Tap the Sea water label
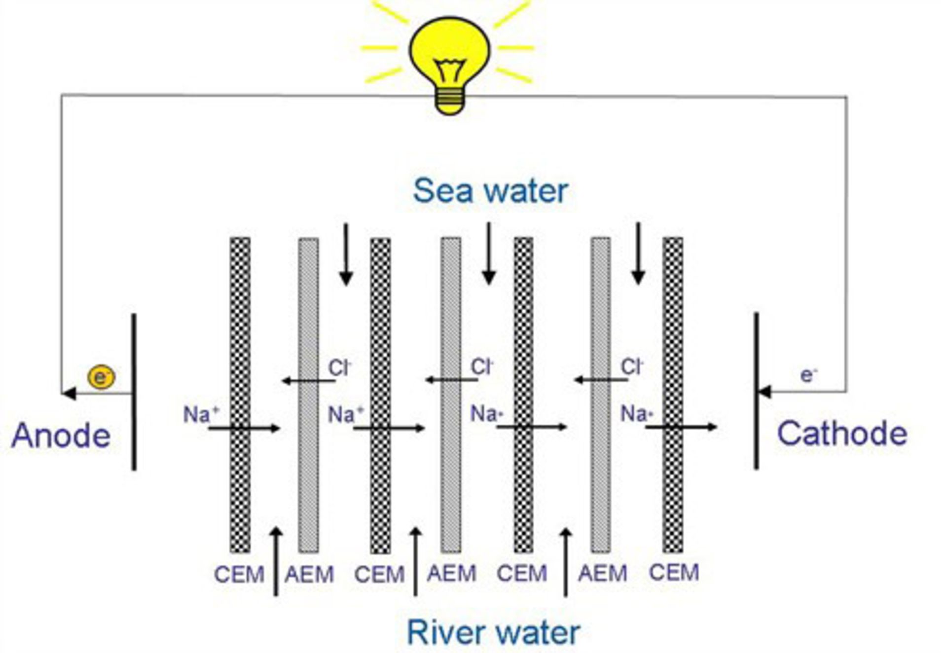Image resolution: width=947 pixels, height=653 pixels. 490,191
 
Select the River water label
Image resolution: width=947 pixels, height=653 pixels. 493,632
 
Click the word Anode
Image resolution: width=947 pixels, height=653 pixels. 61,436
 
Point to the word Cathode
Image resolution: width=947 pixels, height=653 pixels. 842,434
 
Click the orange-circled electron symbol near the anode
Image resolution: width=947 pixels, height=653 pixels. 101,377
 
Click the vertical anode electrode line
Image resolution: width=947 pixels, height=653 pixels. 134,392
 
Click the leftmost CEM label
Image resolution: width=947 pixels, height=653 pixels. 239,575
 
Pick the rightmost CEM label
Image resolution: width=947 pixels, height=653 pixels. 674,573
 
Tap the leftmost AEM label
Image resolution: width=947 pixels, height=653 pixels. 309,575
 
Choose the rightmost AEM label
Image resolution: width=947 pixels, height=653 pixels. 603,574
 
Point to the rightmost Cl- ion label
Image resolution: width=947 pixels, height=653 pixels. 632,367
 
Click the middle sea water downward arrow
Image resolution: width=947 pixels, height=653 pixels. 489,254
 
